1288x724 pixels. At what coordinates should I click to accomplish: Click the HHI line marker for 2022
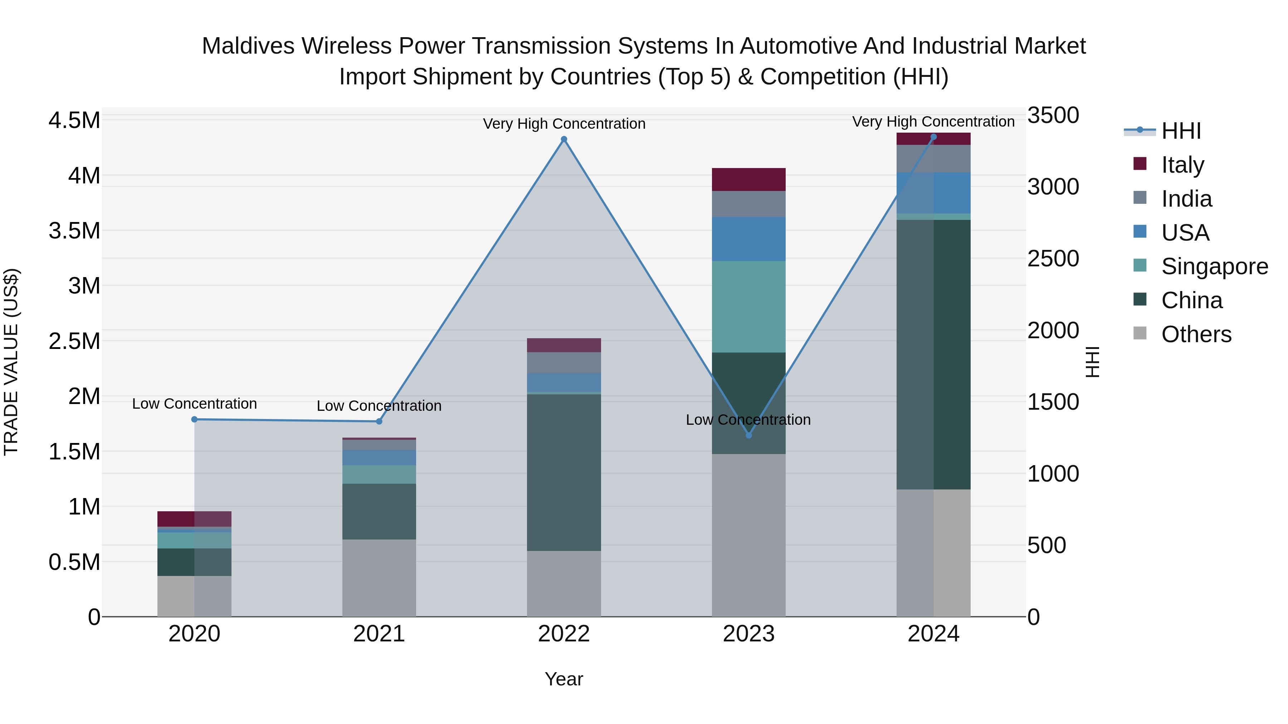click(x=563, y=139)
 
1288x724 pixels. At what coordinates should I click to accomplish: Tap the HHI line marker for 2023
click(x=748, y=435)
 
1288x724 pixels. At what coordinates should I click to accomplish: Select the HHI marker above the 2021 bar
click(x=379, y=421)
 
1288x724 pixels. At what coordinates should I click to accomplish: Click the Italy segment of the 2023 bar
click(x=748, y=179)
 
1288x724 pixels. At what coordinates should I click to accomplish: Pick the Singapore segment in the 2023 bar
click(x=748, y=306)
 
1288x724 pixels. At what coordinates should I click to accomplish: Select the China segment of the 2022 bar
click(x=563, y=472)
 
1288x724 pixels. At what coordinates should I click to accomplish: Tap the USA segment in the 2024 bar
click(x=933, y=193)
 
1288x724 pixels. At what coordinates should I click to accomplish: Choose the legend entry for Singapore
click(x=1214, y=266)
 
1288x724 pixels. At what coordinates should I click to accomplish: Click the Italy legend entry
click(x=1182, y=164)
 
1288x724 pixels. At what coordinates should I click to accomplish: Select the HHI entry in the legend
click(x=1181, y=131)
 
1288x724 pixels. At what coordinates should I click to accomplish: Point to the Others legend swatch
click(x=1140, y=333)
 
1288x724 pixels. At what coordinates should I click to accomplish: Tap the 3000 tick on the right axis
click(x=1053, y=187)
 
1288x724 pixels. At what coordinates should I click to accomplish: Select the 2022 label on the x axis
click(x=563, y=634)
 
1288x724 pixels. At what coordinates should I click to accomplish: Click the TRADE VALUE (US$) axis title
click(x=11, y=362)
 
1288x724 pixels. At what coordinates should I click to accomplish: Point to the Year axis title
click(x=563, y=679)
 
